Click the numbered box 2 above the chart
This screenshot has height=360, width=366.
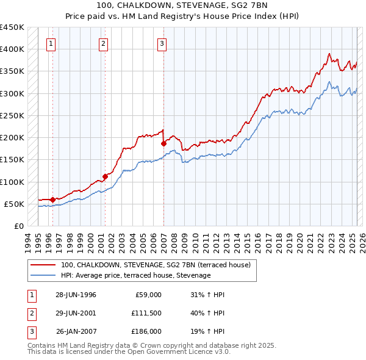pos(104,43)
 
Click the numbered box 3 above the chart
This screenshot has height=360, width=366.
pos(162,43)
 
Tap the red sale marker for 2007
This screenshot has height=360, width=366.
pos(163,143)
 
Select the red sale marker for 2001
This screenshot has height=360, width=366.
pos(105,176)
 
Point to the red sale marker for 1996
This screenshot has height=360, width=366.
pos(52,200)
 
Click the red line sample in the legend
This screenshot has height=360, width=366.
pos(43,265)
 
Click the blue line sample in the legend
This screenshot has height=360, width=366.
pos(43,275)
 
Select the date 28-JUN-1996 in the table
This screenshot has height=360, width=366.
pos(76,295)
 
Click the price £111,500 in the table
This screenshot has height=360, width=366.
pos(146,313)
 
